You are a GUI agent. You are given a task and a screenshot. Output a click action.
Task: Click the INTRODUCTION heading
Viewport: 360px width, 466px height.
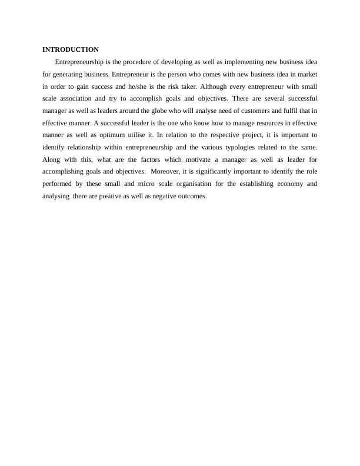pos(71,49)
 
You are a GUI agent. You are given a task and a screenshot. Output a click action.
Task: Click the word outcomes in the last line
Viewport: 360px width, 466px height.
pos(191,197)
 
